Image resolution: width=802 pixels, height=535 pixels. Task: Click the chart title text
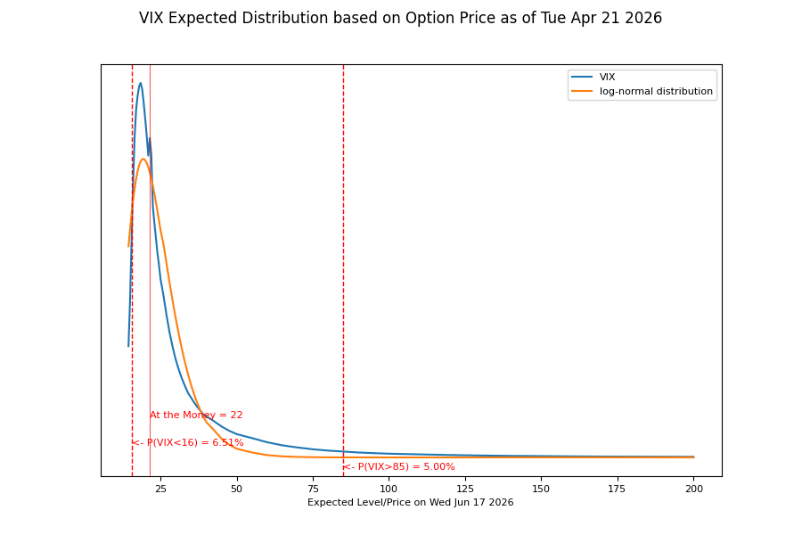click(400, 19)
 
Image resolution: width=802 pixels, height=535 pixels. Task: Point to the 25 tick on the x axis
click(160, 489)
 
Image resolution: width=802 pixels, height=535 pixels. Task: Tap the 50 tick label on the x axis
click(237, 489)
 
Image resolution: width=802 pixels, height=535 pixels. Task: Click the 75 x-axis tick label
click(313, 489)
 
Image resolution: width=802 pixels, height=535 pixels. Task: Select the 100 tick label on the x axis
click(389, 489)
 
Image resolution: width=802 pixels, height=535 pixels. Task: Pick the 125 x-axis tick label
click(465, 489)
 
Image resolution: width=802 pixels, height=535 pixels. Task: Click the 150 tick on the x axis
click(541, 489)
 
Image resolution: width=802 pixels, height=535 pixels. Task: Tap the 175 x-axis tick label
click(617, 489)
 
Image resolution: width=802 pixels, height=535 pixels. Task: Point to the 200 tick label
click(694, 489)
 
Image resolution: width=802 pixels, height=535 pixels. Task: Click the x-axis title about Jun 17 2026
click(410, 503)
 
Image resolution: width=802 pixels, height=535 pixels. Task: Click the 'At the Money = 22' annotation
click(196, 416)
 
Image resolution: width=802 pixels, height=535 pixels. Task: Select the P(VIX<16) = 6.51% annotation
click(188, 443)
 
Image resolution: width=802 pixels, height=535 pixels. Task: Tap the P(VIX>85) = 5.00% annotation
click(399, 467)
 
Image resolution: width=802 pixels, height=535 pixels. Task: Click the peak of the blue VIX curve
click(140, 83)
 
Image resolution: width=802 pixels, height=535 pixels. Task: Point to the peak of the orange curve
click(143, 160)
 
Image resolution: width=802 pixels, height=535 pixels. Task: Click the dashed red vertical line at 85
click(344, 270)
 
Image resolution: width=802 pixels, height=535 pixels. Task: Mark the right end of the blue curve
click(694, 457)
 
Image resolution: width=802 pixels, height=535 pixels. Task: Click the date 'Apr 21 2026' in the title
click(617, 19)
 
